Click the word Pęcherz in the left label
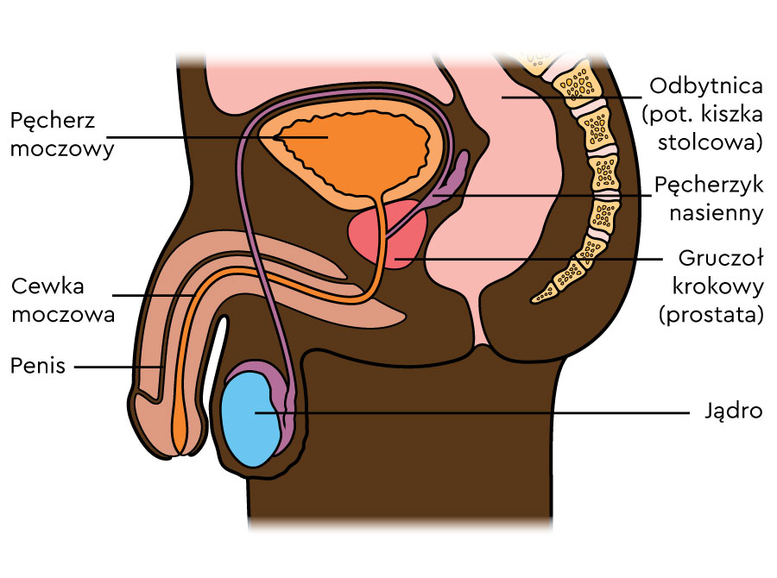tap(53, 121)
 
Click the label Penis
tap(38, 366)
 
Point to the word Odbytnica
tap(706, 86)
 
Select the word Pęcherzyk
tap(709, 185)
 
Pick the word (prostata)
tap(711, 315)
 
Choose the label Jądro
tap(732, 411)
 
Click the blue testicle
tap(250, 418)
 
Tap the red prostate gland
tap(388, 237)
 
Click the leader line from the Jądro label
tap(483, 412)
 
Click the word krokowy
tap(713, 286)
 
